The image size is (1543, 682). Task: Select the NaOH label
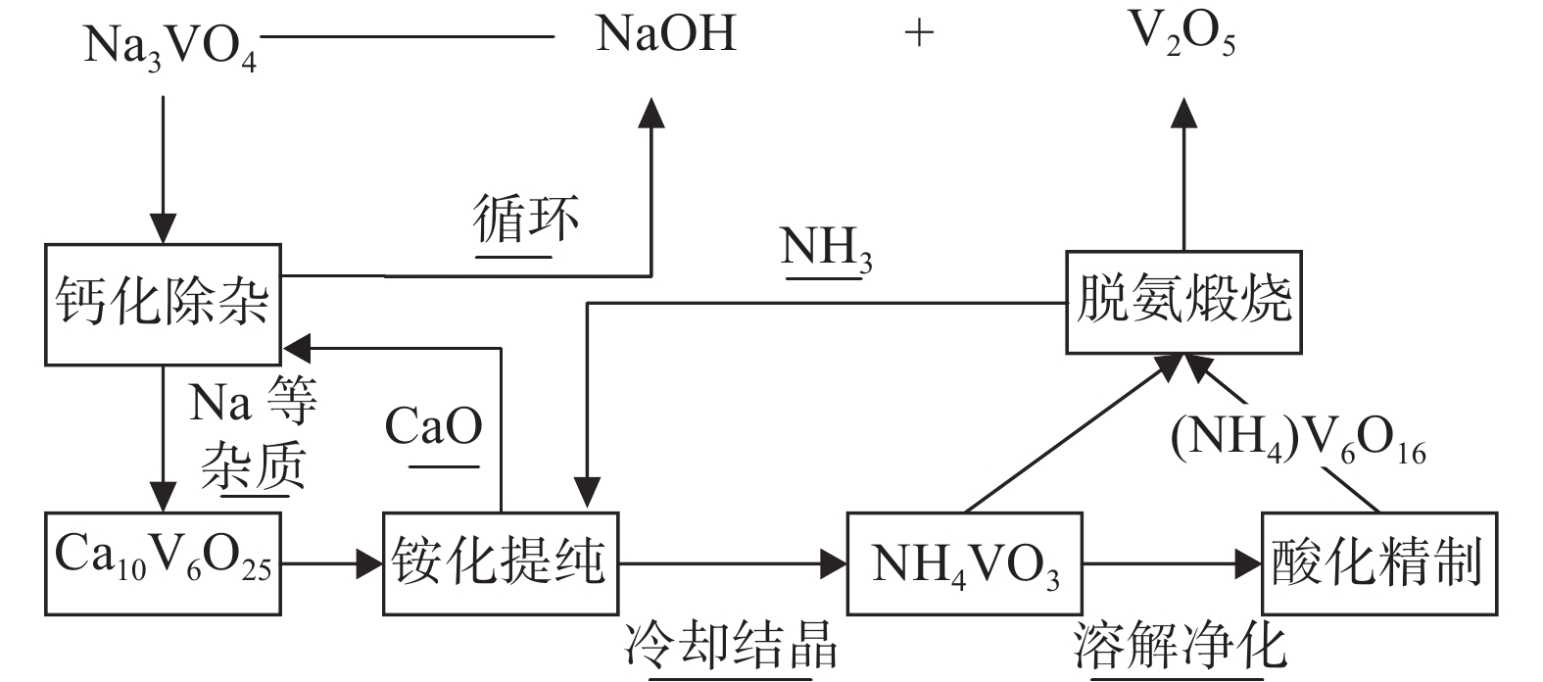[665, 35]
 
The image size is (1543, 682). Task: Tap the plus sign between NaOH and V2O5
[919, 35]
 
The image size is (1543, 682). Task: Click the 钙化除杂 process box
[163, 304]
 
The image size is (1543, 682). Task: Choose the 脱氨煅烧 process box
[1183, 301]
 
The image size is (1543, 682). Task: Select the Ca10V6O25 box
[163, 562]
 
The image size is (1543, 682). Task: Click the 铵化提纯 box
[500, 562]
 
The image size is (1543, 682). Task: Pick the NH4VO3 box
[965, 563]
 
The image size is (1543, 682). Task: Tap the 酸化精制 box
[1377, 562]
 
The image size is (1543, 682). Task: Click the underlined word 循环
[526, 219]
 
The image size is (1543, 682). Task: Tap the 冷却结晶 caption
[731, 647]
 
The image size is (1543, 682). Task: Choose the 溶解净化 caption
[1179, 647]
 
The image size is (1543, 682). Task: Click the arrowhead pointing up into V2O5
[1183, 111]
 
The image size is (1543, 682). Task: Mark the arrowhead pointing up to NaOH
[651, 111]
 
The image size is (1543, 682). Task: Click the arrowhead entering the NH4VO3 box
[834, 563]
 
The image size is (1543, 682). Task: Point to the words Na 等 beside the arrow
[253, 402]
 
